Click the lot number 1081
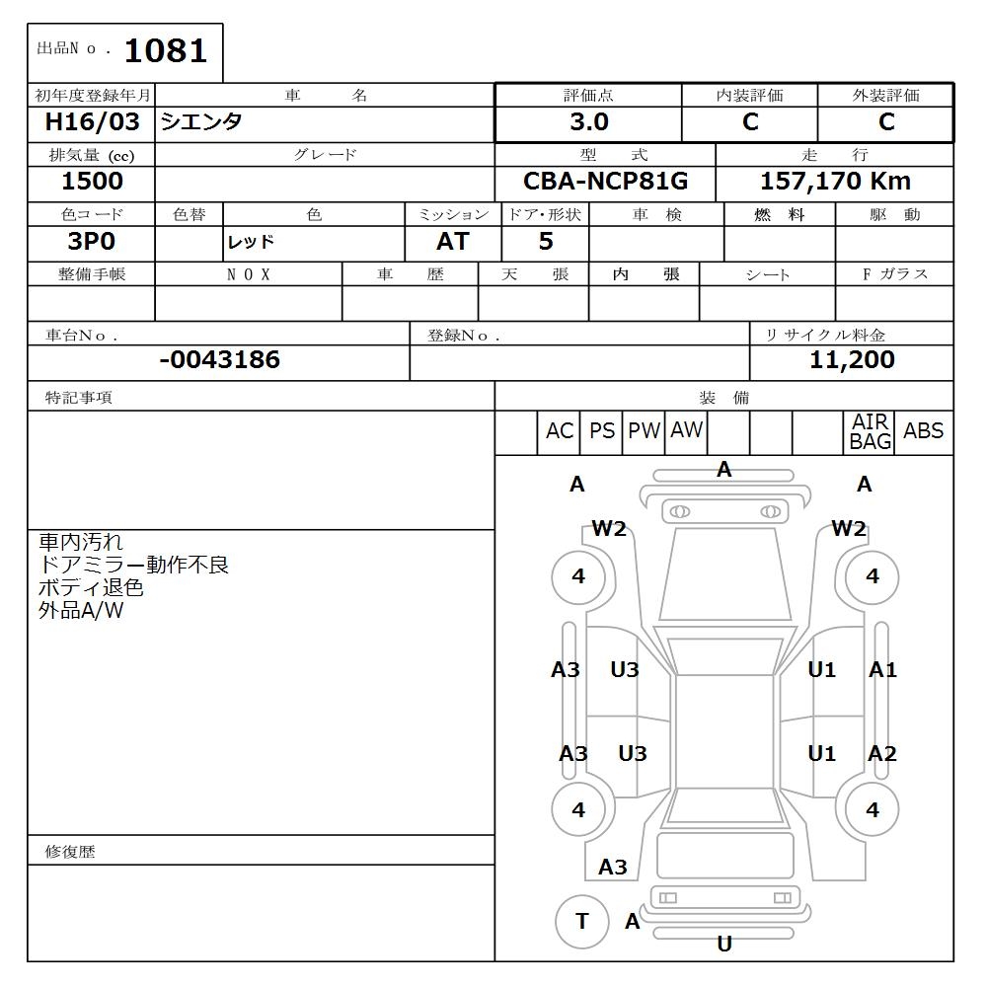click(x=165, y=50)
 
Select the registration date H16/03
click(x=92, y=122)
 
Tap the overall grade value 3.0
click(x=588, y=122)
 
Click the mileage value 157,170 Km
click(x=835, y=182)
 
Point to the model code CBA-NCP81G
click(x=605, y=182)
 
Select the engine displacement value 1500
click(x=92, y=182)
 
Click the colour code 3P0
click(x=92, y=242)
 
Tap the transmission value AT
click(x=453, y=242)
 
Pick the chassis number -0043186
click(x=219, y=360)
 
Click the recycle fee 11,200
click(x=852, y=360)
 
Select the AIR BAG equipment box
click(x=870, y=432)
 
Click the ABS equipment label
click(x=923, y=431)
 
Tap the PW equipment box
click(x=644, y=431)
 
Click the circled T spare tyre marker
click(x=581, y=921)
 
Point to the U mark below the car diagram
click(x=723, y=945)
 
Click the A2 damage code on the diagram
click(x=881, y=754)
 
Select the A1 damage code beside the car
click(x=882, y=670)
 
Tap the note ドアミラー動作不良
click(x=133, y=566)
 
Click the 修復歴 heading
click(x=70, y=852)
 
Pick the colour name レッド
click(x=251, y=243)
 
